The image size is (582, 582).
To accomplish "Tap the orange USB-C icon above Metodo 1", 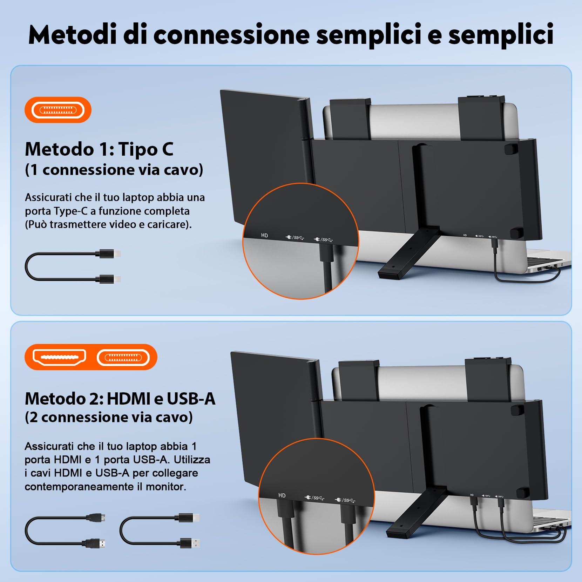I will (x=58, y=110).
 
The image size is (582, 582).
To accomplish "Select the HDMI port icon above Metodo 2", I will (x=59, y=357).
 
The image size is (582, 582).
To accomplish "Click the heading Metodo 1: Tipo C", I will (x=99, y=149).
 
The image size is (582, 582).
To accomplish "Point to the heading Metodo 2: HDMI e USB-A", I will (x=120, y=399).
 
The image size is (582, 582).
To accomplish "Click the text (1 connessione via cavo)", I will (x=114, y=170).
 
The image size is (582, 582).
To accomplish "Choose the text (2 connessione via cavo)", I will (x=109, y=417).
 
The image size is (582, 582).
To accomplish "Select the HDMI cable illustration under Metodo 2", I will (x=65, y=530).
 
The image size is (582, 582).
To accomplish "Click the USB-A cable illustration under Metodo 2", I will (x=160, y=530).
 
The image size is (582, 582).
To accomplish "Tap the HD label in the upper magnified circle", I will (x=264, y=235).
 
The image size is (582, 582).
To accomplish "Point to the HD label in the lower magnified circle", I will (x=282, y=495).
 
